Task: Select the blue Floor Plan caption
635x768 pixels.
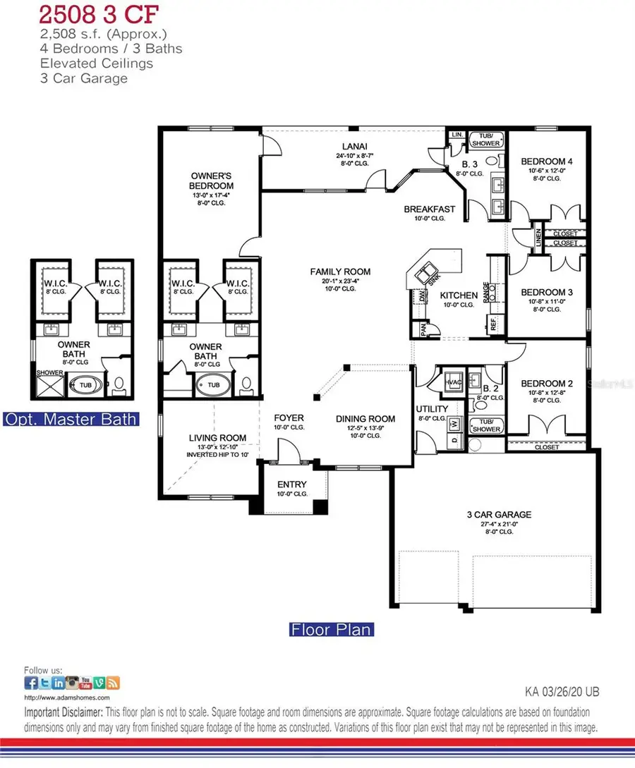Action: [x=331, y=628]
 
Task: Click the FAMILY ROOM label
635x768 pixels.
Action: [x=340, y=272]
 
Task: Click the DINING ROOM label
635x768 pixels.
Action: [x=365, y=418]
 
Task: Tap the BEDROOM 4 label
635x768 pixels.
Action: [x=547, y=161]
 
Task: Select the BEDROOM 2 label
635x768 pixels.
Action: [x=547, y=384]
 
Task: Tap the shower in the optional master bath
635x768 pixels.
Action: [x=44, y=384]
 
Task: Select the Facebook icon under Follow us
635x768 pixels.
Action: [x=31, y=682]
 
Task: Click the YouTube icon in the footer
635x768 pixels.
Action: [x=85, y=682]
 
